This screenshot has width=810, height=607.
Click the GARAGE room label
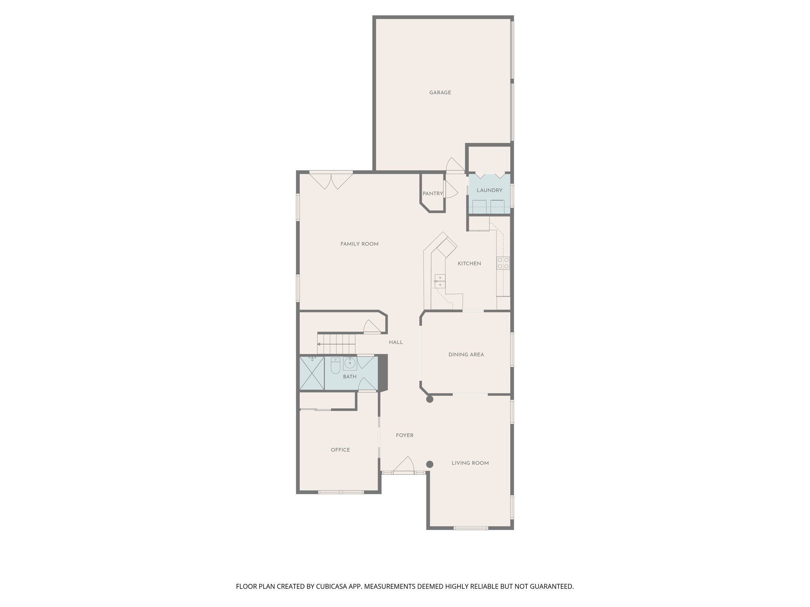pos(440,93)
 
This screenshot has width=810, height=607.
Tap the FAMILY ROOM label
pos(359,244)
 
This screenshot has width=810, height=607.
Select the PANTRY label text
pos(432,194)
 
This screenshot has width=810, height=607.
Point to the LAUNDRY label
pos(489,190)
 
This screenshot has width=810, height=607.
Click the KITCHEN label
pos(469,264)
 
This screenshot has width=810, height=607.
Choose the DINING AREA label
pos(466,355)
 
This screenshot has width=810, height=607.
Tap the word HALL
pos(396,343)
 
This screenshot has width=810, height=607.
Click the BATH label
pos(350,377)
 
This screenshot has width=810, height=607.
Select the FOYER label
pos(404,435)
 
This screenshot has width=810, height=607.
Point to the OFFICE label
pos(340,450)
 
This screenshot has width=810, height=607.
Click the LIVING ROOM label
pos(470,463)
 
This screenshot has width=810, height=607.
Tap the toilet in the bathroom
pos(335,366)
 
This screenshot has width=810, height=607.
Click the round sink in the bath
pos(350,363)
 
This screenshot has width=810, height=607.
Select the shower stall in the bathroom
pos(312,373)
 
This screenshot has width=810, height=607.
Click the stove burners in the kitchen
pos(503,263)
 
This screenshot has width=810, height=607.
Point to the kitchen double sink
pos(439,281)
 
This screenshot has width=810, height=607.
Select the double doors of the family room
pos(331,181)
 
